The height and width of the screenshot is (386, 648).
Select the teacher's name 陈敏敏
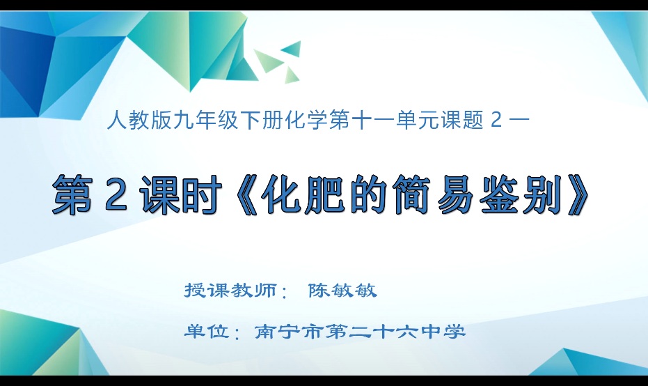[342, 291]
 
